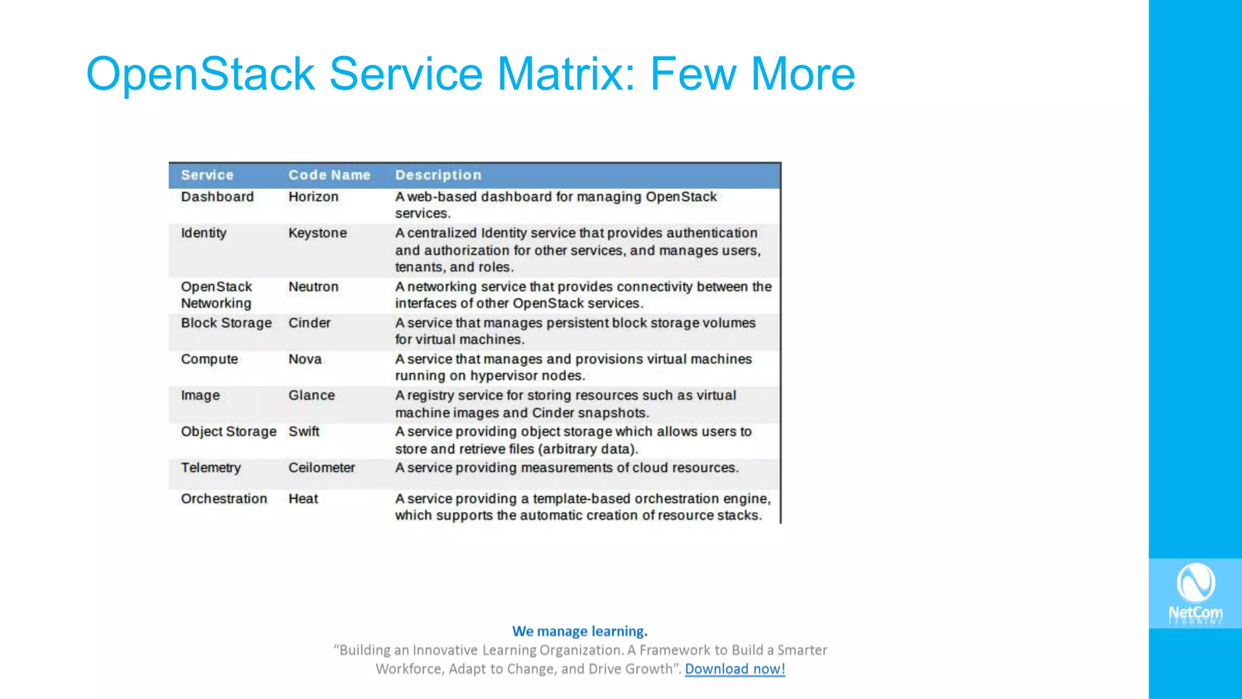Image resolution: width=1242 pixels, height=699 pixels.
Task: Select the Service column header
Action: click(x=207, y=175)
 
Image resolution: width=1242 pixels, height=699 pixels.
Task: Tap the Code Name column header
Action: click(x=329, y=175)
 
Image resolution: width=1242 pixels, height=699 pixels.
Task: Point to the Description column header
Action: click(x=438, y=175)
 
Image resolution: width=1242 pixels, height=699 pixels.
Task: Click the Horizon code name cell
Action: click(x=313, y=197)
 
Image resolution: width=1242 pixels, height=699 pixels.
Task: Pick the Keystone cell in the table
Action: click(x=317, y=233)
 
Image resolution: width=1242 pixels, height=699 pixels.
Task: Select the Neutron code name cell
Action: click(x=313, y=287)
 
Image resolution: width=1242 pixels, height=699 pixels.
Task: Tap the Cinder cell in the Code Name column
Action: click(x=309, y=323)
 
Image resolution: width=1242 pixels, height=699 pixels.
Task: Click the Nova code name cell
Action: click(x=304, y=359)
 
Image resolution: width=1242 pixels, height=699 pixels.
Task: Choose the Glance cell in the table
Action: click(x=311, y=396)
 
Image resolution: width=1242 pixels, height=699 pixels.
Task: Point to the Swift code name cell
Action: click(x=303, y=431)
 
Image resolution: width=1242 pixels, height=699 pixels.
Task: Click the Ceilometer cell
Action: click(x=321, y=468)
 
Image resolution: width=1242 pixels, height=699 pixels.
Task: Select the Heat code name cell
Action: click(x=303, y=499)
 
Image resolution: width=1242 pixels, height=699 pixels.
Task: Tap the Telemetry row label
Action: click(x=210, y=468)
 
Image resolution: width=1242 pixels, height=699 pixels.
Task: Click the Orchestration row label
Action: click(x=224, y=499)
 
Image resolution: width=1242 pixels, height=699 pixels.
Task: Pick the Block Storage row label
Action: click(x=226, y=323)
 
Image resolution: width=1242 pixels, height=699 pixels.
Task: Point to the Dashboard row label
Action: click(x=217, y=197)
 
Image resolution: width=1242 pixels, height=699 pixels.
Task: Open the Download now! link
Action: click(x=734, y=669)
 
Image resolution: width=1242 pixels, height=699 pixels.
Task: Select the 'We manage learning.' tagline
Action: click(x=580, y=631)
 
